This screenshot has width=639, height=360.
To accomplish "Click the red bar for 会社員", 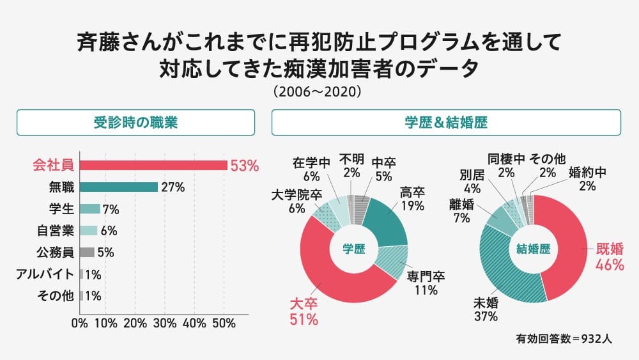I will [x=153, y=166].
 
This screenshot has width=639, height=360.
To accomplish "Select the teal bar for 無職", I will [x=119, y=187].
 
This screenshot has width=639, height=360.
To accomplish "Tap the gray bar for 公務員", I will [x=88, y=252].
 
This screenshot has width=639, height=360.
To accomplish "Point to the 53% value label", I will [x=245, y=166].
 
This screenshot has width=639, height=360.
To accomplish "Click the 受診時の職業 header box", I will [x=135, y=122].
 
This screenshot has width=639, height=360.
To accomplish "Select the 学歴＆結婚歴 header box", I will [x=446, y=122].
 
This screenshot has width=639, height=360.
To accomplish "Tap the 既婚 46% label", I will [x=610, y=256].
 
